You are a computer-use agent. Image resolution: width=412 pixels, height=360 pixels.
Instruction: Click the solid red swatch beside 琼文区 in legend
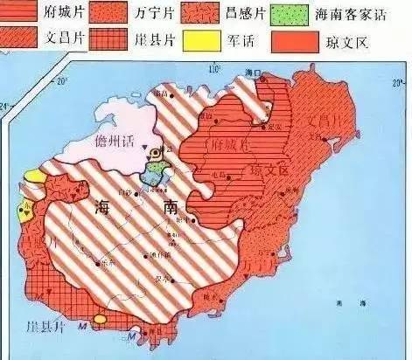[x=289, y=39]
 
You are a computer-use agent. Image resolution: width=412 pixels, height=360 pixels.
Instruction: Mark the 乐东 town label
[x=108, y=261]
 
